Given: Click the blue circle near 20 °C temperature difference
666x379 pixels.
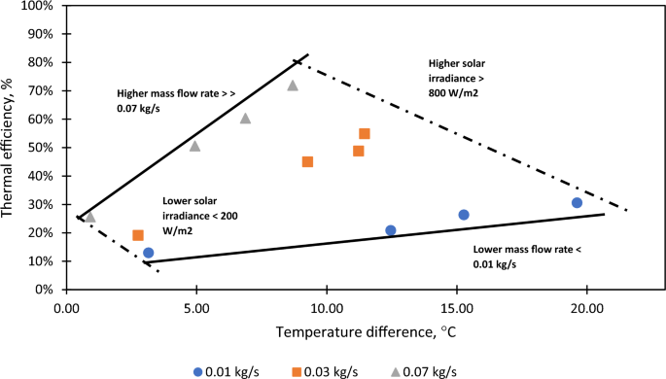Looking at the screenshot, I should point(577,203).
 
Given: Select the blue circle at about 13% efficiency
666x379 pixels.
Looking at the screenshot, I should point(149,253).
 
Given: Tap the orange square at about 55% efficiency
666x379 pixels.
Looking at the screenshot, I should point(365,134).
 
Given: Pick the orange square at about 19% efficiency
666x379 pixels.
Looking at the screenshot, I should point(138,235).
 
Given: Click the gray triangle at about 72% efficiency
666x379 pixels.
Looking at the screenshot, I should point(293,86).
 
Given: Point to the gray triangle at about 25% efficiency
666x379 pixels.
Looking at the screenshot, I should point(90,217).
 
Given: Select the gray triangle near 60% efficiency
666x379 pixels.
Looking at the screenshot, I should point(245,119).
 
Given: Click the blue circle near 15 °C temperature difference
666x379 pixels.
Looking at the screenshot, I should point(464,215).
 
